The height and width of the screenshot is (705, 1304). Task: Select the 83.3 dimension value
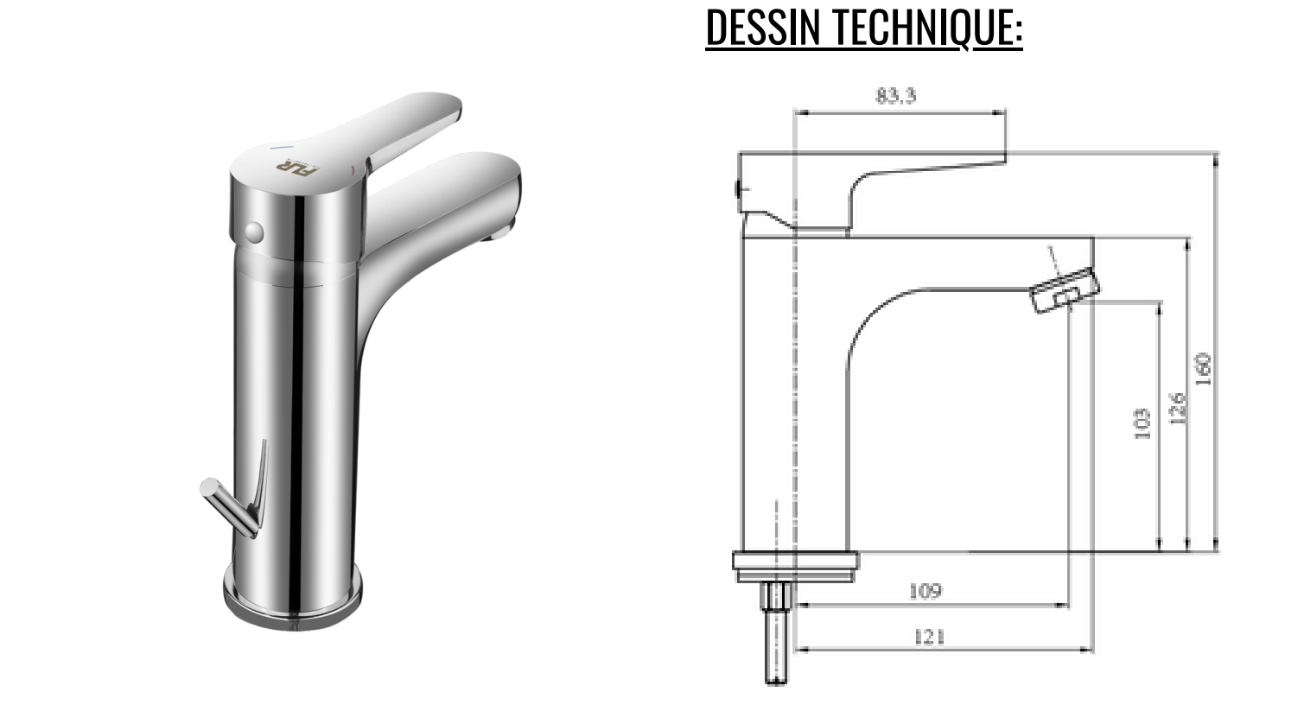coord(895,96)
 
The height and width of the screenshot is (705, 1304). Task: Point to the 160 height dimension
coord(1203,369)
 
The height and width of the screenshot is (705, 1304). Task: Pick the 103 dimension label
coord(1142,424)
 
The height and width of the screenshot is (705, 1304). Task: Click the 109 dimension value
coord(925,592)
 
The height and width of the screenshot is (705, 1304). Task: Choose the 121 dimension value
coord(928,638)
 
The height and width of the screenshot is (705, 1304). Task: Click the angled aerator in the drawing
coord(1065,291)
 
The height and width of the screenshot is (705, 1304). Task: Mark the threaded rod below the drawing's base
coord(776,635)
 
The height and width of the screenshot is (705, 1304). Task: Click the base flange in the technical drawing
coord(796,562)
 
